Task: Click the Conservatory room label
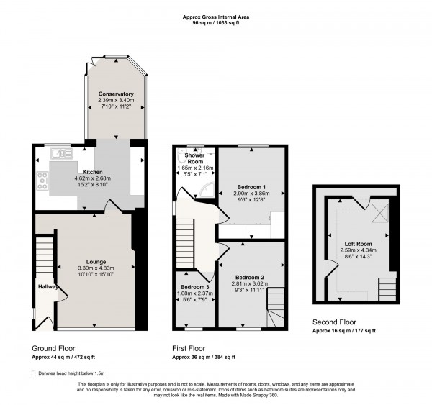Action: pyautogui.click(x=116, y=94)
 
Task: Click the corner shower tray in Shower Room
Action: pyautogui.click(x=210, y=189)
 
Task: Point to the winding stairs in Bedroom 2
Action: pyautogui.click(x=276, y=314)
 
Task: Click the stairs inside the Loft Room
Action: pyautogui.click(x=387, y=288)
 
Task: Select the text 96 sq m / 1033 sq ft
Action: pyautogui.click(x=216, y=25)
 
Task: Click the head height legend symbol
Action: pyautogui.click(x=34, y=374)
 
